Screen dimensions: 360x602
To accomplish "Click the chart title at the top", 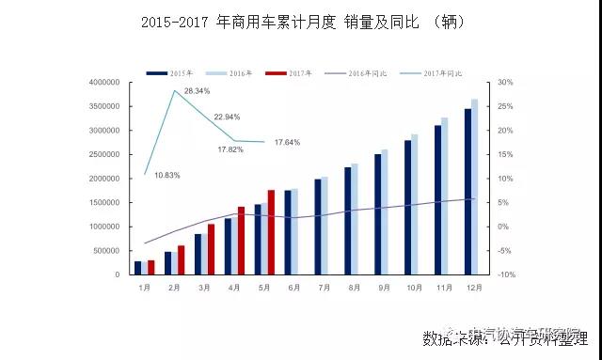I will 302,21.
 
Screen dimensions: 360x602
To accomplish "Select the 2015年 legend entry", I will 169,72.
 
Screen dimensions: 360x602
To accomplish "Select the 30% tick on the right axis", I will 506,83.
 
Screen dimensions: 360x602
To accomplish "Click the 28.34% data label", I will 197,90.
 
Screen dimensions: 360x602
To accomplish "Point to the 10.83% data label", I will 166,176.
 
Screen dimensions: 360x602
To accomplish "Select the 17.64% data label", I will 287,143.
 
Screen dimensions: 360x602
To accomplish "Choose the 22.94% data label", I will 227,117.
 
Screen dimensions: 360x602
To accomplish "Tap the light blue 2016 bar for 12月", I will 475,187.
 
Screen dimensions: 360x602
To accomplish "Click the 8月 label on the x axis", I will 355,286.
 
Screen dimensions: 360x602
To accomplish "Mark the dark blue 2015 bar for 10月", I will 407,208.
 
